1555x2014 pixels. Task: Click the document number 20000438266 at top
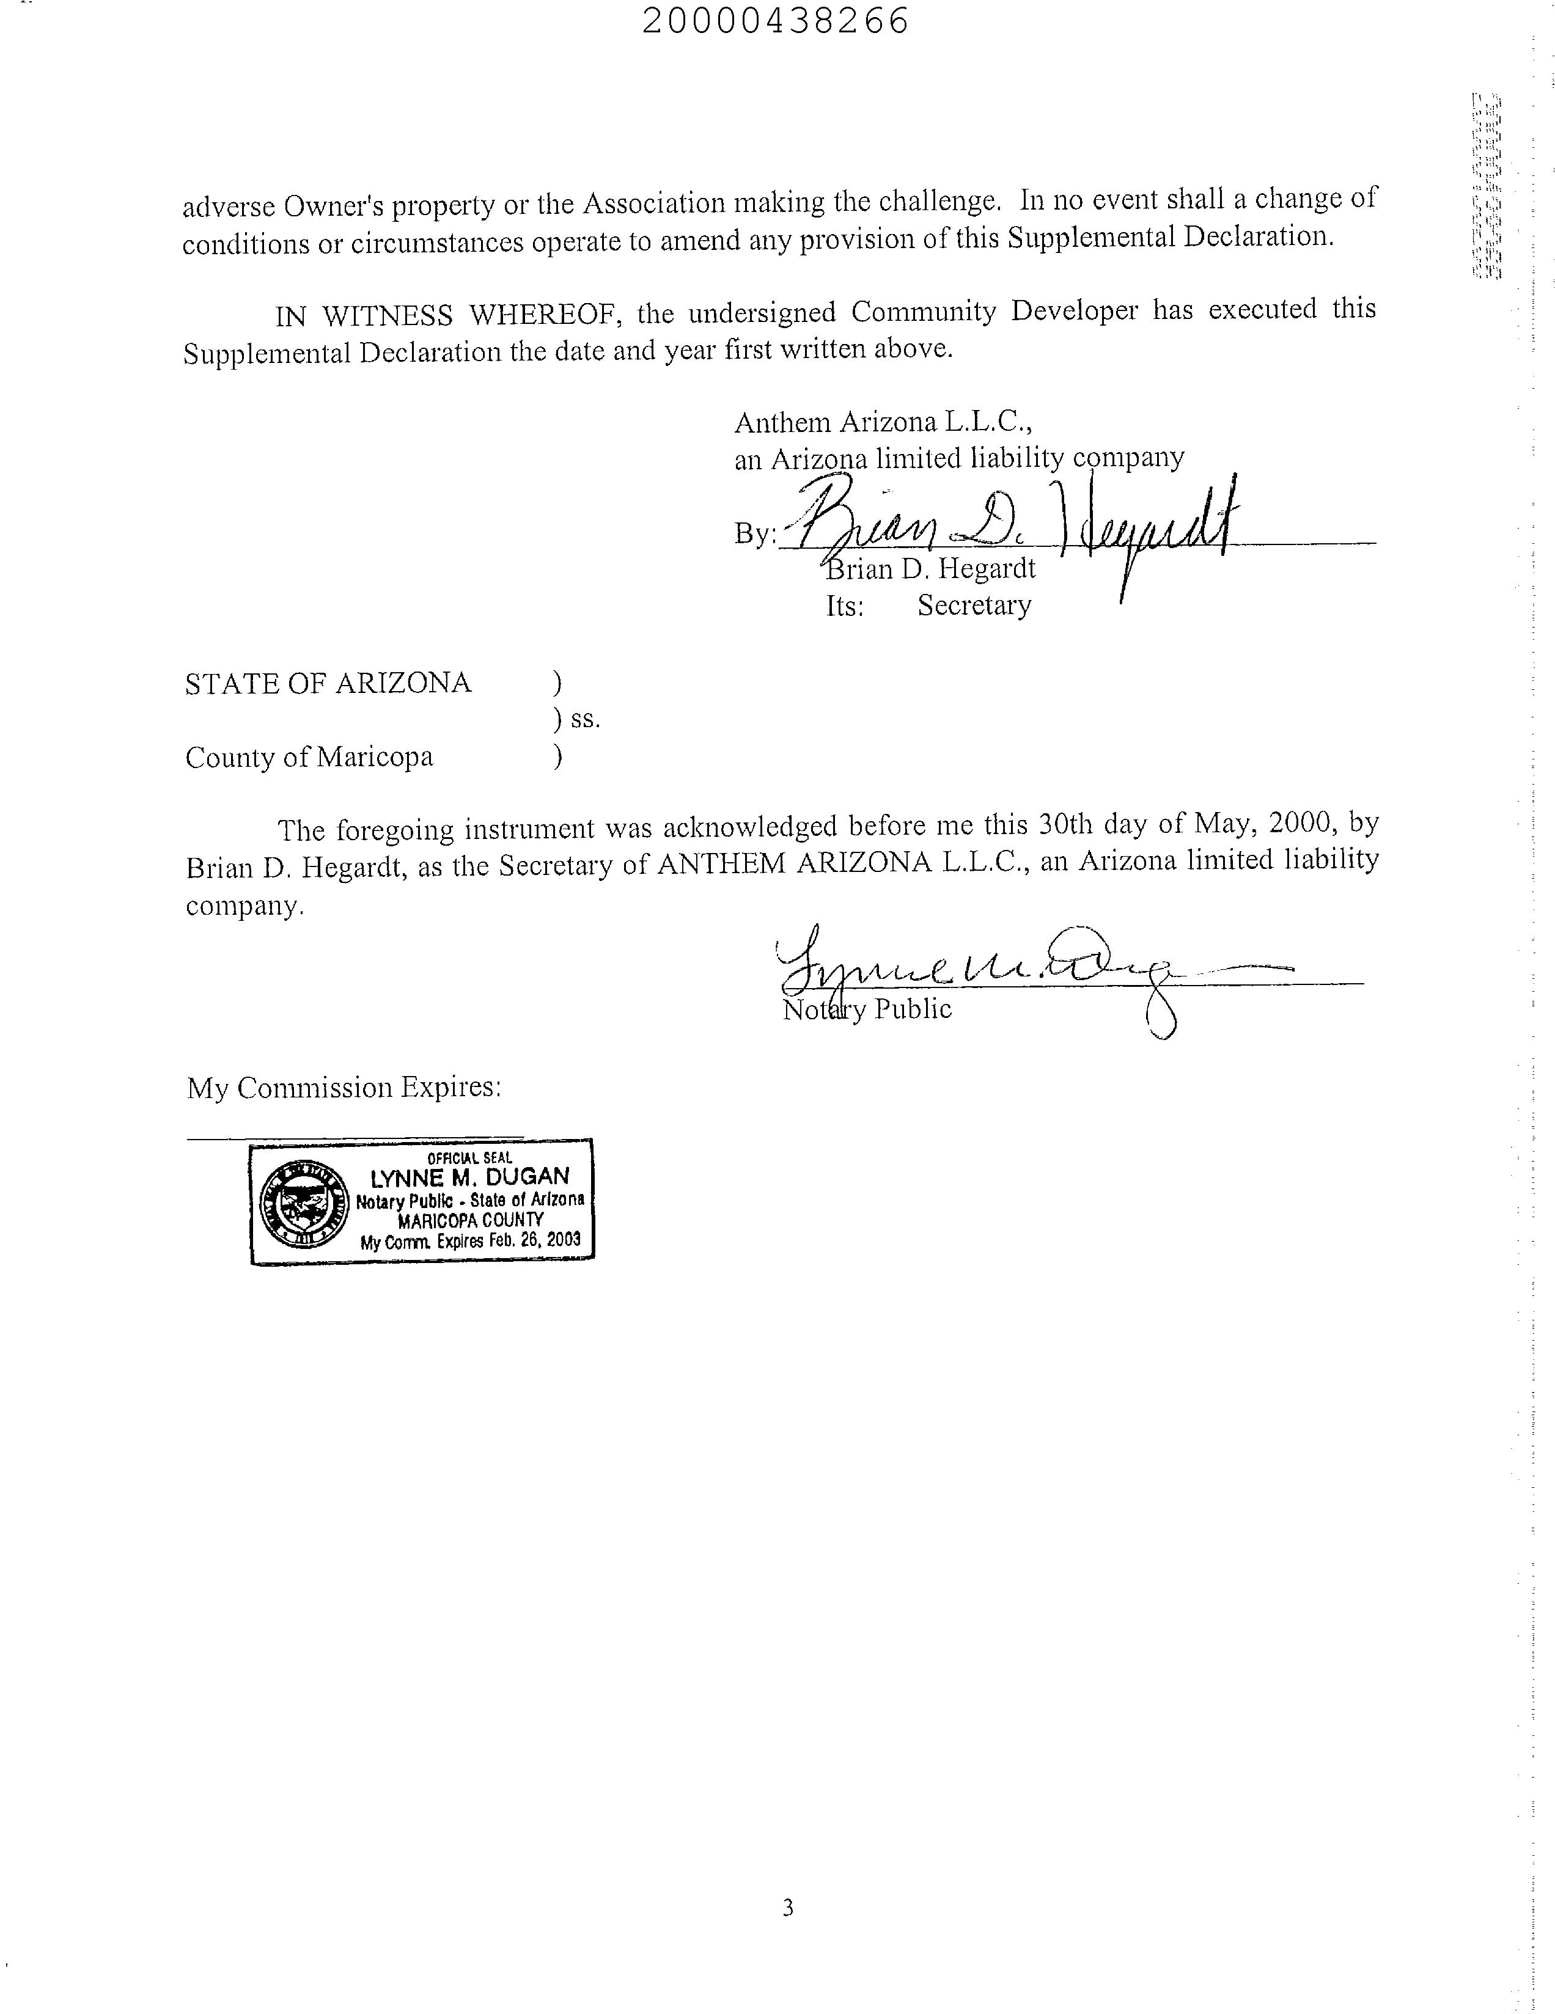point(774,20)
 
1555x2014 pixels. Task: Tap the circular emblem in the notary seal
point(297,1203)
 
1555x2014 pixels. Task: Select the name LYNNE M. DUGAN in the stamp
point(469,1177)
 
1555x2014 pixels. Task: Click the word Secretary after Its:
point(974,606)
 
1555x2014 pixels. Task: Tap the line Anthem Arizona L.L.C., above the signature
point(883,422)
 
